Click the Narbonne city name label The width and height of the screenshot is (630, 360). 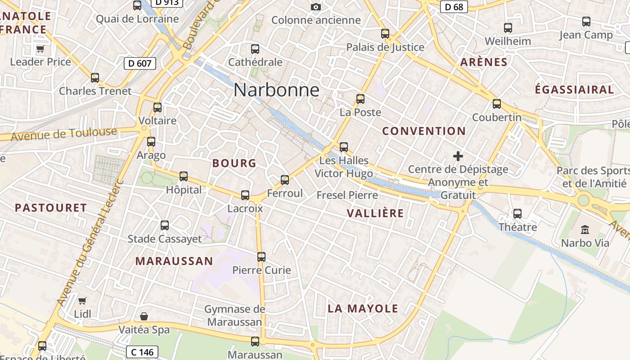tap(276, 90)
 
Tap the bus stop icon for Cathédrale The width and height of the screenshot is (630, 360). tap(255, 49)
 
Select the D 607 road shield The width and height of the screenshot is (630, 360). tap(140, 63)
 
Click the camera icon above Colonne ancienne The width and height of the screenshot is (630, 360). tap(316, 7)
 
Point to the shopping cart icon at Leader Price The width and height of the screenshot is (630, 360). tap(40, 49)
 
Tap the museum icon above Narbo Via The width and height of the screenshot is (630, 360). tap(585, 230)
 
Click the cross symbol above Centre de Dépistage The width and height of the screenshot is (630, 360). tap(458, 156)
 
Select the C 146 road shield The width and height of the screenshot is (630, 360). tap(143, 351)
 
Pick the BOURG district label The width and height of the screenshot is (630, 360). tap(234, 163)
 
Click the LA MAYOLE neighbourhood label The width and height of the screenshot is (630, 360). tap(363, 309)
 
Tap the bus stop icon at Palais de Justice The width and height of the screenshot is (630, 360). tap(385, 34)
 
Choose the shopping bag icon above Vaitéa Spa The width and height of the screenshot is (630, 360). tap(144, 316)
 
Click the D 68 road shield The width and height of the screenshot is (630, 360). tap(454, 7)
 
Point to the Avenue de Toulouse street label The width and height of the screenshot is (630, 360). tap(63, 134)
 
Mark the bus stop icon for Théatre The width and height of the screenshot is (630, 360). tap(517, 214)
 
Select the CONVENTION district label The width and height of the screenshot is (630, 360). tap(424, 131)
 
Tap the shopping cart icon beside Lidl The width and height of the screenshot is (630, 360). tap(82, 300)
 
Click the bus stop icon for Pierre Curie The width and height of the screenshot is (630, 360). tap(261, 257)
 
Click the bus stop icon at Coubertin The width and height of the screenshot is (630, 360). tap(497, 104)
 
